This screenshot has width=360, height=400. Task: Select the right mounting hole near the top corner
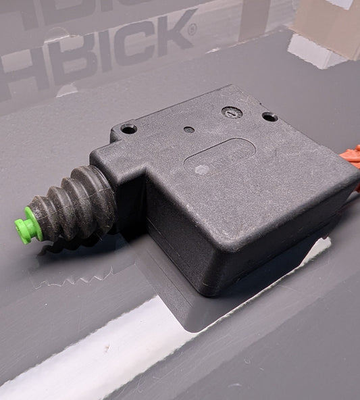[269, 117]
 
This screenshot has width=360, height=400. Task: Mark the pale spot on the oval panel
[200, 170]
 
